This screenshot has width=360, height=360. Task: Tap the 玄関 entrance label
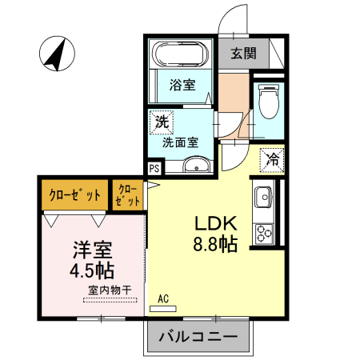click(243, 54)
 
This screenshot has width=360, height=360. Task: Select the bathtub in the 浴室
click(181, 57)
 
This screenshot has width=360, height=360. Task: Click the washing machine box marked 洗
click(161, 123)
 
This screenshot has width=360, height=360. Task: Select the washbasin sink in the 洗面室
click(195, 166)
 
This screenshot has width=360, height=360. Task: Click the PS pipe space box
click(154, 168)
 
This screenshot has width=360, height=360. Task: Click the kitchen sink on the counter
click(264, 197)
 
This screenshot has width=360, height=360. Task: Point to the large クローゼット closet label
click(75, 195)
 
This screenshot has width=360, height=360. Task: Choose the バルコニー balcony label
click(198, 337)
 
